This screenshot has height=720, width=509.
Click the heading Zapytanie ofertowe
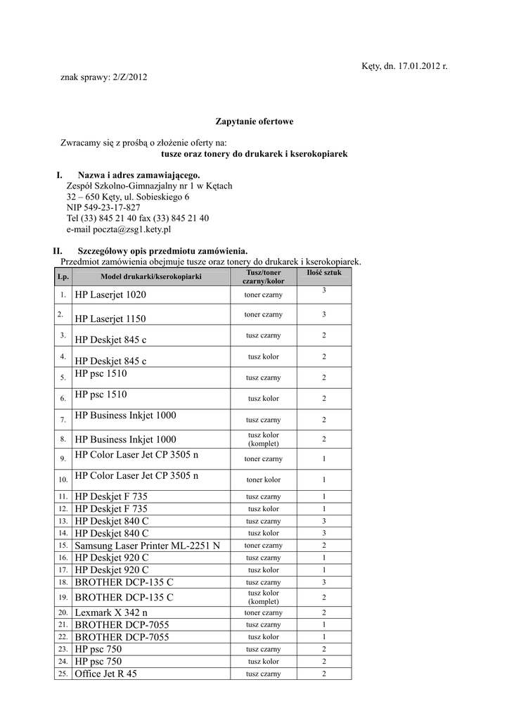tap(254, 122)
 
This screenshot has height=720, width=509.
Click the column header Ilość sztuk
tap(324, 271)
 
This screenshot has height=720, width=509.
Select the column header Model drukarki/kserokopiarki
tap(150, 276)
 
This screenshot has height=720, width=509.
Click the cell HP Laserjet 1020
tap(110, 295)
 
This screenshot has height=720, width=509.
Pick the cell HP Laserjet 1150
tap(110, 319)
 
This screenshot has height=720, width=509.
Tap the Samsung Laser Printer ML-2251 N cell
tap(147, 546)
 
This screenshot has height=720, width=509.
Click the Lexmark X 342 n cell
tap(111, 612)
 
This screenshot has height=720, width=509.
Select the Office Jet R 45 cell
tap(105, 674)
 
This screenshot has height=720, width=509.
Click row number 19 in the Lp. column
tap(63, 597)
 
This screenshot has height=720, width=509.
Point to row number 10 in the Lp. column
tap(63, 480)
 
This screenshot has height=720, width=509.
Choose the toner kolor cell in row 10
tap(263, 480)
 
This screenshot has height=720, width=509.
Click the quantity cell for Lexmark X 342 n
tap(324, 612)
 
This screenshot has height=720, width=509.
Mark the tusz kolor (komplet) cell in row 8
tap(263, 439)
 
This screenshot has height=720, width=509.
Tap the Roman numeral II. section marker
tap(59, 250)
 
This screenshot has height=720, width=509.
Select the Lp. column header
tap(63, 276)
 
